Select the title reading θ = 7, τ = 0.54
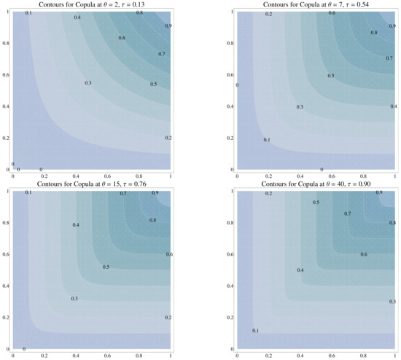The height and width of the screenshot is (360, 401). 316,4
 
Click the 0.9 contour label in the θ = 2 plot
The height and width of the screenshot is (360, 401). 168,26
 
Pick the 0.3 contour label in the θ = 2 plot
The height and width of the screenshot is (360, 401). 88,83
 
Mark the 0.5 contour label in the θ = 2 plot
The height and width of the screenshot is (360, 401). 154,85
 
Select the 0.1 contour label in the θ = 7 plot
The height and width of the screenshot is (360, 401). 267,140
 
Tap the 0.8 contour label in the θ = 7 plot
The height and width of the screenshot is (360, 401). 374,33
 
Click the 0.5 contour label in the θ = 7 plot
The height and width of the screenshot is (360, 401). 331,76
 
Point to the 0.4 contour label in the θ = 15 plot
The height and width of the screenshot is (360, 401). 76,225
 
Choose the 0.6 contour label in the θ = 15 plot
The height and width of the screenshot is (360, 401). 169,254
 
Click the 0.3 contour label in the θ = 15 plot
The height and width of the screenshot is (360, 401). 74,299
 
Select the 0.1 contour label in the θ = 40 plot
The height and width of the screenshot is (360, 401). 255,331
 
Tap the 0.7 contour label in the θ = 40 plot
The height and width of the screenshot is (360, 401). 348,214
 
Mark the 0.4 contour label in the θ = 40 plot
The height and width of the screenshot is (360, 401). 300,270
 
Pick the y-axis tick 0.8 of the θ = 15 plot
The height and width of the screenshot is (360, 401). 7,222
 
